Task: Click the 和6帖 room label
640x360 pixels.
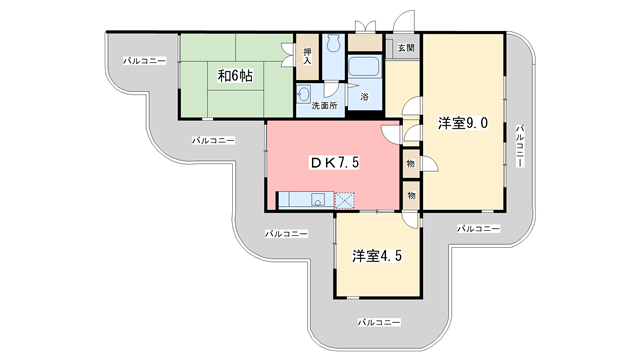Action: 236,74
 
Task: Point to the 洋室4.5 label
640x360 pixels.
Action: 377,256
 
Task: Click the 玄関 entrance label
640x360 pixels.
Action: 405,47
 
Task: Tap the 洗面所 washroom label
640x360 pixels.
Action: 323,105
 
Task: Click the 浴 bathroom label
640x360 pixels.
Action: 363,98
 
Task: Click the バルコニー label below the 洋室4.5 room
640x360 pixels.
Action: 379,322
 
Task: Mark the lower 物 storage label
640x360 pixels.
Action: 411,192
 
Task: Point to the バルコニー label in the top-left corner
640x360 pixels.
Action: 144,61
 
